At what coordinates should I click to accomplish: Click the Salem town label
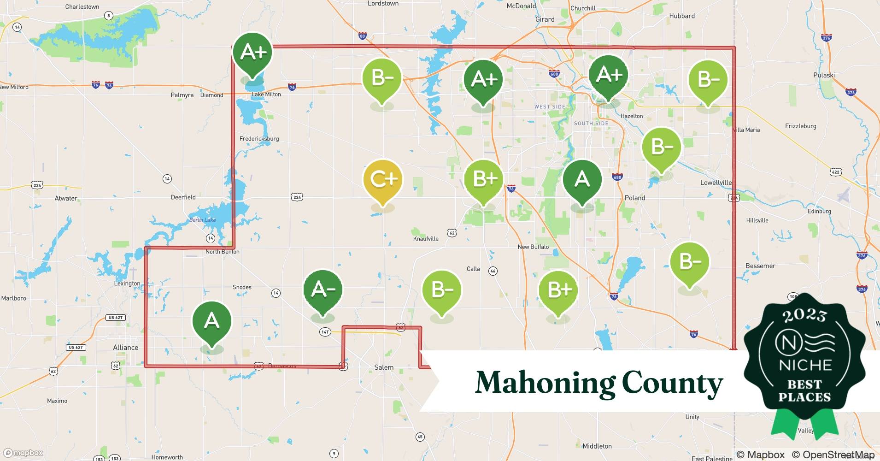(384, 367)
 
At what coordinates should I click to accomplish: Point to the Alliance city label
(125, 348)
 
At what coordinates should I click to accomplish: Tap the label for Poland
(634, 198)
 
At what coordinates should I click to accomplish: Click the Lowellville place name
(716, 183)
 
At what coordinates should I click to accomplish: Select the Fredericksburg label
(259, 139)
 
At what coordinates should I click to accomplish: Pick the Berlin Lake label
(202, 220)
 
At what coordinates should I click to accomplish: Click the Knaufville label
(426, 239)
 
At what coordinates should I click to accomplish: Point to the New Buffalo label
(533, 247)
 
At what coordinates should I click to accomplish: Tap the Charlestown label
(82, 7)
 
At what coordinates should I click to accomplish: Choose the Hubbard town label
(681, 16)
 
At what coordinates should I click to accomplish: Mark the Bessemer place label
(760, 266)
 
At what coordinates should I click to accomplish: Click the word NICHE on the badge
(805, 366)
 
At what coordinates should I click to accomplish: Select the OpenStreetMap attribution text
(833, 455)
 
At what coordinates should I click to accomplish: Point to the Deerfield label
(183, 197)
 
